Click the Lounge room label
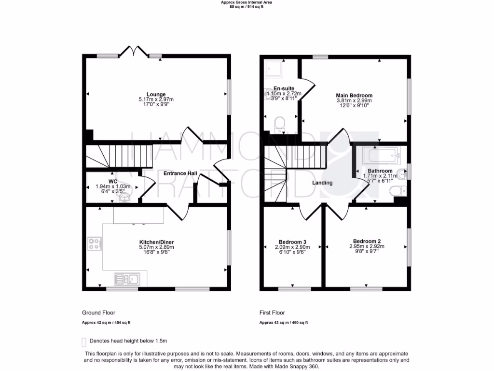pos(156,94)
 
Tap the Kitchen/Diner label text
pos(156,242)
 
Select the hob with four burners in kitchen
pos(94,244)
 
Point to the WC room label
pos(113,182)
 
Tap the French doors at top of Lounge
pos(133,51)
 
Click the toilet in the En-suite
pos(279,125)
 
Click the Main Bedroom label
pos(354,96)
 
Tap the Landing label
pos(322,183)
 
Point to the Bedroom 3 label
pos(292,242)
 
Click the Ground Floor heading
pos(98,313)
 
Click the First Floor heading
pos(273,313)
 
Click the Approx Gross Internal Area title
pos(247,2)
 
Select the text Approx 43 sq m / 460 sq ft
pos(284,323)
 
